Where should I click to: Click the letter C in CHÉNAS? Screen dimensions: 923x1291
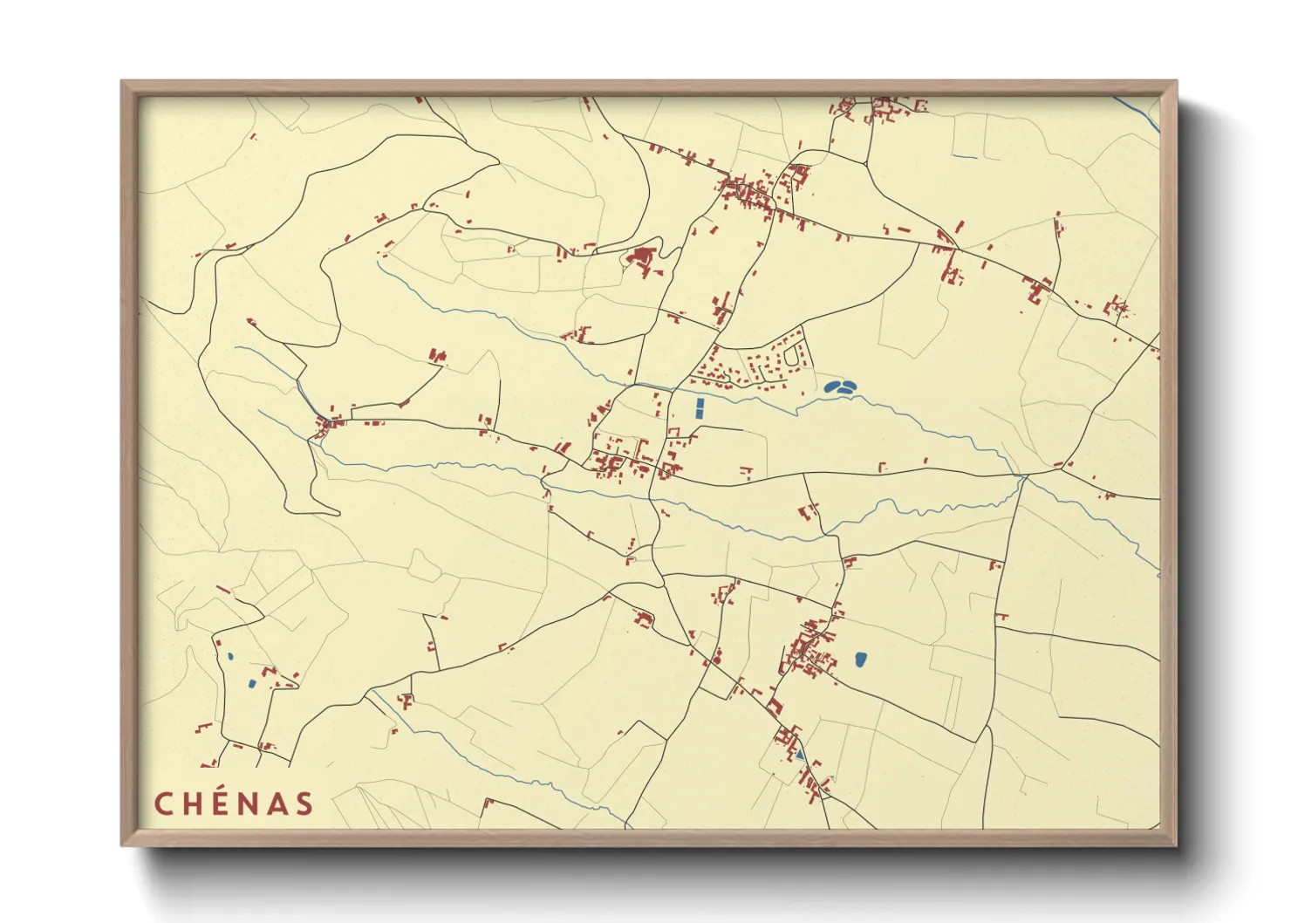163,803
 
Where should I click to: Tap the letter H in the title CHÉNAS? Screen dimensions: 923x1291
193,803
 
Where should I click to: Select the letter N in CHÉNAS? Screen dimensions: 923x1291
249,803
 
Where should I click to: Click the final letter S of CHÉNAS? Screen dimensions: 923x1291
304,803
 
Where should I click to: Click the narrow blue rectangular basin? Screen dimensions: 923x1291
700,407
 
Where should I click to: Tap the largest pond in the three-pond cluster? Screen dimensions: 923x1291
831,386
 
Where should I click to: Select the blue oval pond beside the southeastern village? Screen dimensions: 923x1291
861,660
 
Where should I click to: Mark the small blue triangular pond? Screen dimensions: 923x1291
799,754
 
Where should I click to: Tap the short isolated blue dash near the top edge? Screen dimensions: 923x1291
964,157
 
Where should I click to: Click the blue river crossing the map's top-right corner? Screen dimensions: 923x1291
1139,114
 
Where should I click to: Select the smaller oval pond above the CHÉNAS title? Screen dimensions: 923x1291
230,657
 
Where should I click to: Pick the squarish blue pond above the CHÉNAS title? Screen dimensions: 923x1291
251,684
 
